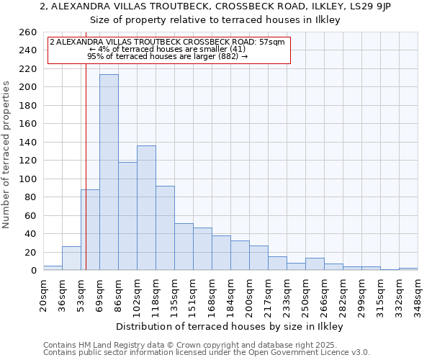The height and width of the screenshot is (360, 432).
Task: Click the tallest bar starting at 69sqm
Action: pos(109,173)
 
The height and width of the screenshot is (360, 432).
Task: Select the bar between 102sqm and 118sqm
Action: pos(146,208)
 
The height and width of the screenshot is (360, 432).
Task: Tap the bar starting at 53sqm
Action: pos(90,230)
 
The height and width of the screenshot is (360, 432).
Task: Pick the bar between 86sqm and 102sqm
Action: pos(127,216)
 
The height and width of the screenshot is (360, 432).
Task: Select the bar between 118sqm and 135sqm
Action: pos(165,228)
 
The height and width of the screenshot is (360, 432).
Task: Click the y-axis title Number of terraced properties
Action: pos(7,155)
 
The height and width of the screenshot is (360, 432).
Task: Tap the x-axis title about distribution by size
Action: pos(229,326)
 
